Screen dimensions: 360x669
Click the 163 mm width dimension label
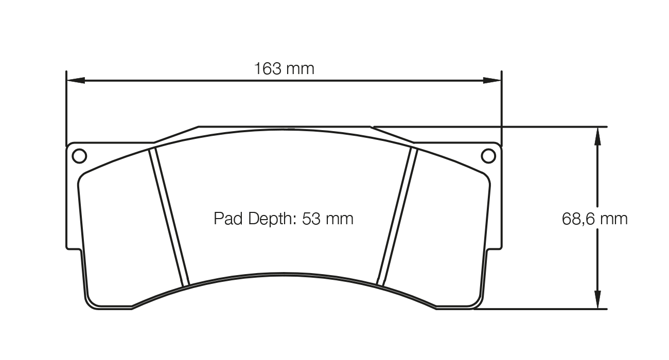pos(284,68)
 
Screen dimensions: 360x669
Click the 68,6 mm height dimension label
pos(594,219)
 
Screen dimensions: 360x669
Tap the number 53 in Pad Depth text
pos(312,219)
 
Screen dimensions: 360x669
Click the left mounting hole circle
pos(79,155)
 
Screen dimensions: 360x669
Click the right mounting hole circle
pos(488,155)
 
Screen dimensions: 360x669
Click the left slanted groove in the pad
pos(169,217)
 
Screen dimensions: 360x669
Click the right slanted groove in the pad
pos(397,217)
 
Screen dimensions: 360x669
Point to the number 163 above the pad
pos(267,68)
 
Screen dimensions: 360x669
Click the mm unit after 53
pos(340,219)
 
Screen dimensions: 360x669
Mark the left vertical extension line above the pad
pos(66,108)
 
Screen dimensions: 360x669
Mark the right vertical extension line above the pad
pos(501,108)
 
